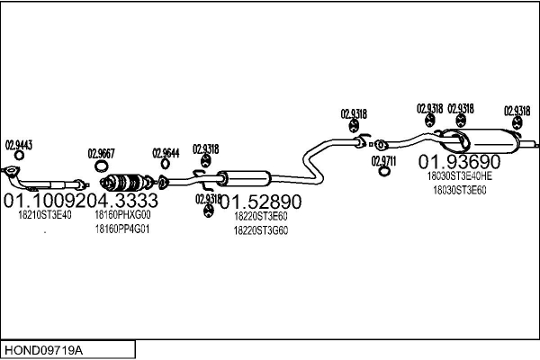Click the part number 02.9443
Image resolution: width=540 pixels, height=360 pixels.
19,144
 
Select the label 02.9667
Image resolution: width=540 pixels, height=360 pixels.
101,154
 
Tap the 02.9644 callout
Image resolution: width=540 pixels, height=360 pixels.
166,153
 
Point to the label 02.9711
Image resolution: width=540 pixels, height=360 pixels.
383,160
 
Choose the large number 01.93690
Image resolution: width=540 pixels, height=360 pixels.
459,162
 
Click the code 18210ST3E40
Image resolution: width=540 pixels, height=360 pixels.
45,216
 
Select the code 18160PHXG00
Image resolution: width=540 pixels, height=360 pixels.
122,216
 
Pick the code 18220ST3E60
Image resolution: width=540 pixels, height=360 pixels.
260,217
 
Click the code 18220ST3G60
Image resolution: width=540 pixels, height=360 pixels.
260,230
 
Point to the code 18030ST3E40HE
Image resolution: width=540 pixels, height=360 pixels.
459,177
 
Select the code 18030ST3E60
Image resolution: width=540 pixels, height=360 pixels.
459,190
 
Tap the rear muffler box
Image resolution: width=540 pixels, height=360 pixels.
490,142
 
